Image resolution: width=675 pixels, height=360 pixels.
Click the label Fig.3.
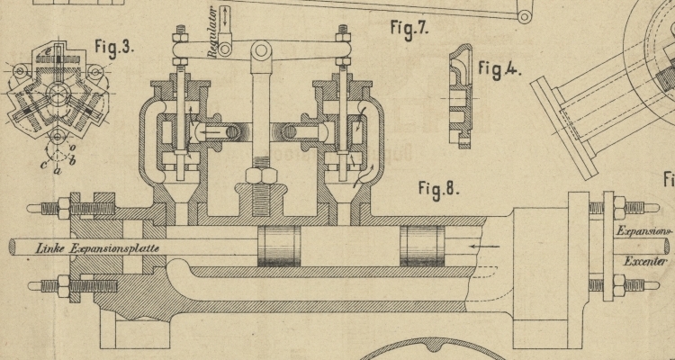[x=114, y=48]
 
